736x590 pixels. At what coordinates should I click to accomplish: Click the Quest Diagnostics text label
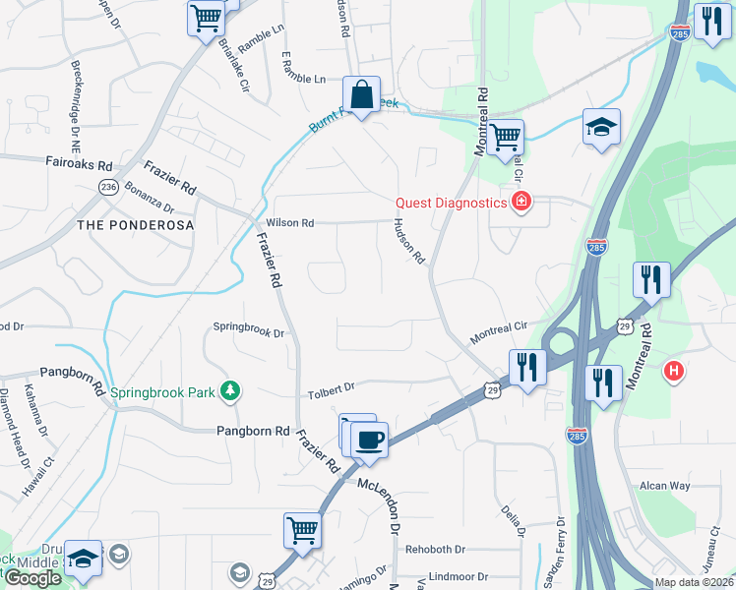(x=451, y=204)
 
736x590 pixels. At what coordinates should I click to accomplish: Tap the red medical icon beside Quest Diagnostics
(x=520, y=204)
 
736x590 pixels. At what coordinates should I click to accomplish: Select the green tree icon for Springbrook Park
(x=230, y=391)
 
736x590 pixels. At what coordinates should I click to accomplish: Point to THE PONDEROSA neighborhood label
(x=135, y=225)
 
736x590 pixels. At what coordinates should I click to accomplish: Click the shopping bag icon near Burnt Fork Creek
(x=361, y=95)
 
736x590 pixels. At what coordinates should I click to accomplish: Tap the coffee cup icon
(x=369, y=440)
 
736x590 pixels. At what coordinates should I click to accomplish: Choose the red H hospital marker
(x=674, y=371)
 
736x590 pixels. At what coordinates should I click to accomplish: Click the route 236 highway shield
(x=108, y=187)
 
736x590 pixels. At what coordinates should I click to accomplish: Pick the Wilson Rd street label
(x=289, y=223)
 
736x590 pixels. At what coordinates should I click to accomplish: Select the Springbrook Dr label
(x=248, y=333)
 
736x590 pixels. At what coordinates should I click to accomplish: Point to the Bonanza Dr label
(x=149, y=208)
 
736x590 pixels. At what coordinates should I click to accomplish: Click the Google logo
(x=32, y=578)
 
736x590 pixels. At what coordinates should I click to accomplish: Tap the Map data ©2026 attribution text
(x=694, y=582)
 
